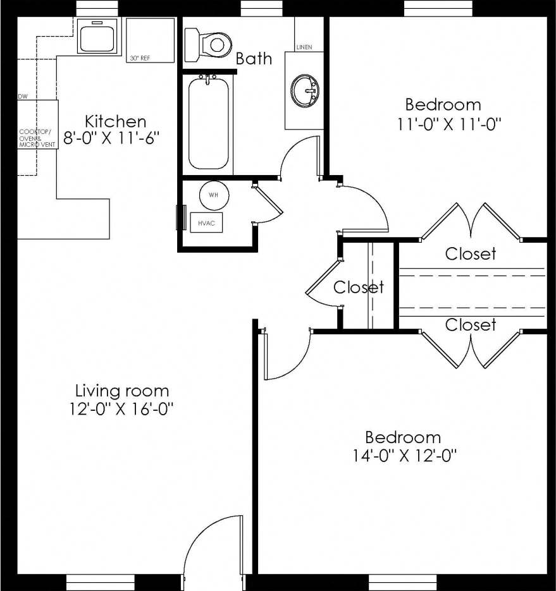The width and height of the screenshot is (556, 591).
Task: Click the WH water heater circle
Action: [214, 195]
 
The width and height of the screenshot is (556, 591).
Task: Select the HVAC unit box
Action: [206, 222]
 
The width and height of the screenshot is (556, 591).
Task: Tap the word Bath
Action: [254, 59]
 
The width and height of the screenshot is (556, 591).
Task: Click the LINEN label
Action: [304, 47]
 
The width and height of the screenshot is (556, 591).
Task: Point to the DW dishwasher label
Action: [23, 97]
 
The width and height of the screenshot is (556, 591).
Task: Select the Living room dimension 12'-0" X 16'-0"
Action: [122, 408]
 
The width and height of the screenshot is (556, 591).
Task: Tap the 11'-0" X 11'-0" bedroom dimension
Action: [450, 123]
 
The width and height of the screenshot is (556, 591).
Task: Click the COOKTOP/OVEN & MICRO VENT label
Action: [37, 138]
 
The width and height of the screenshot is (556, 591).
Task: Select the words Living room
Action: [122, 390]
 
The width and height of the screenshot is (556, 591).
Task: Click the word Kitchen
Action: [116, 121]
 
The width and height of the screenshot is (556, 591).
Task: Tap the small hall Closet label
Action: [359, 288]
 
